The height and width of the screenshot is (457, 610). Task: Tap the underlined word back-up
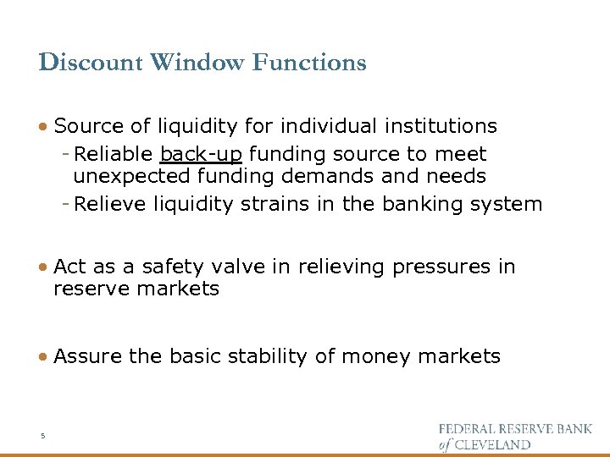point(201,154)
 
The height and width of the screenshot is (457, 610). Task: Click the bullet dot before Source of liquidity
point(43,127)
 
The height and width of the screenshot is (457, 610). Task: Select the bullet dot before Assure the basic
point(43,357)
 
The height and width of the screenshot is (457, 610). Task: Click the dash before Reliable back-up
point(66,154)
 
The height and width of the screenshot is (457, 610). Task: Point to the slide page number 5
point(42,436)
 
